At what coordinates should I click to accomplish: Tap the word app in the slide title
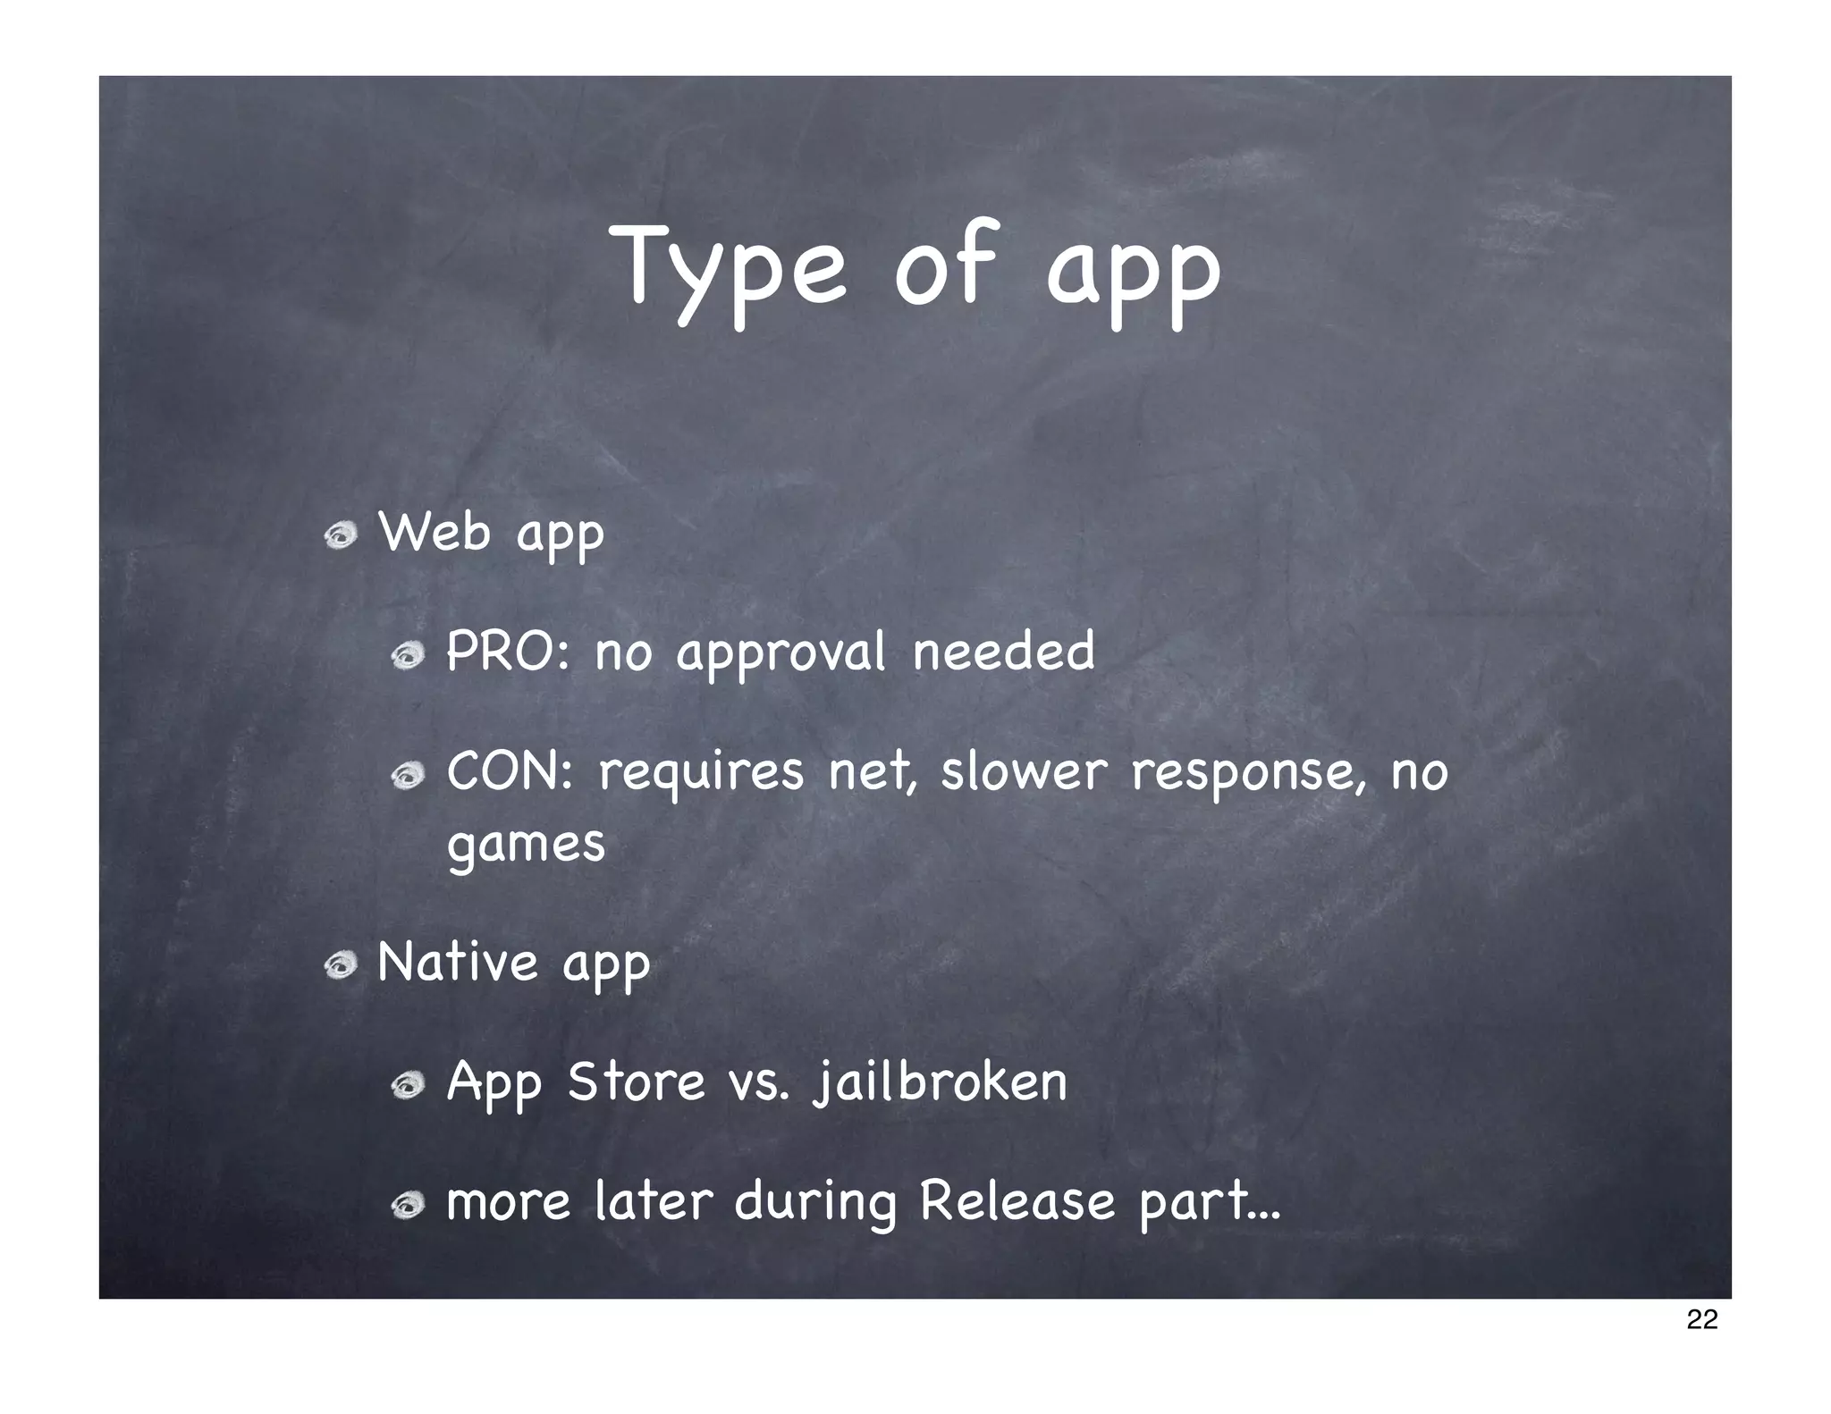1133,273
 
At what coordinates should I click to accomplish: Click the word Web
435,534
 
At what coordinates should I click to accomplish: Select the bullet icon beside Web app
342,536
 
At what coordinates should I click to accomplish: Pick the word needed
1003,652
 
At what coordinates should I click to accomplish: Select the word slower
1024,771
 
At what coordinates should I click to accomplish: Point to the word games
526,845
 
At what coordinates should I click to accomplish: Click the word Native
458,964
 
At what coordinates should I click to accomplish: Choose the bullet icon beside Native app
342,965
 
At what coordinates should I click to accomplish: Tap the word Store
637,1082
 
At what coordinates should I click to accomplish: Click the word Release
1017,1200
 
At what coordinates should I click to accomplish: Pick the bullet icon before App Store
408,1085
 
